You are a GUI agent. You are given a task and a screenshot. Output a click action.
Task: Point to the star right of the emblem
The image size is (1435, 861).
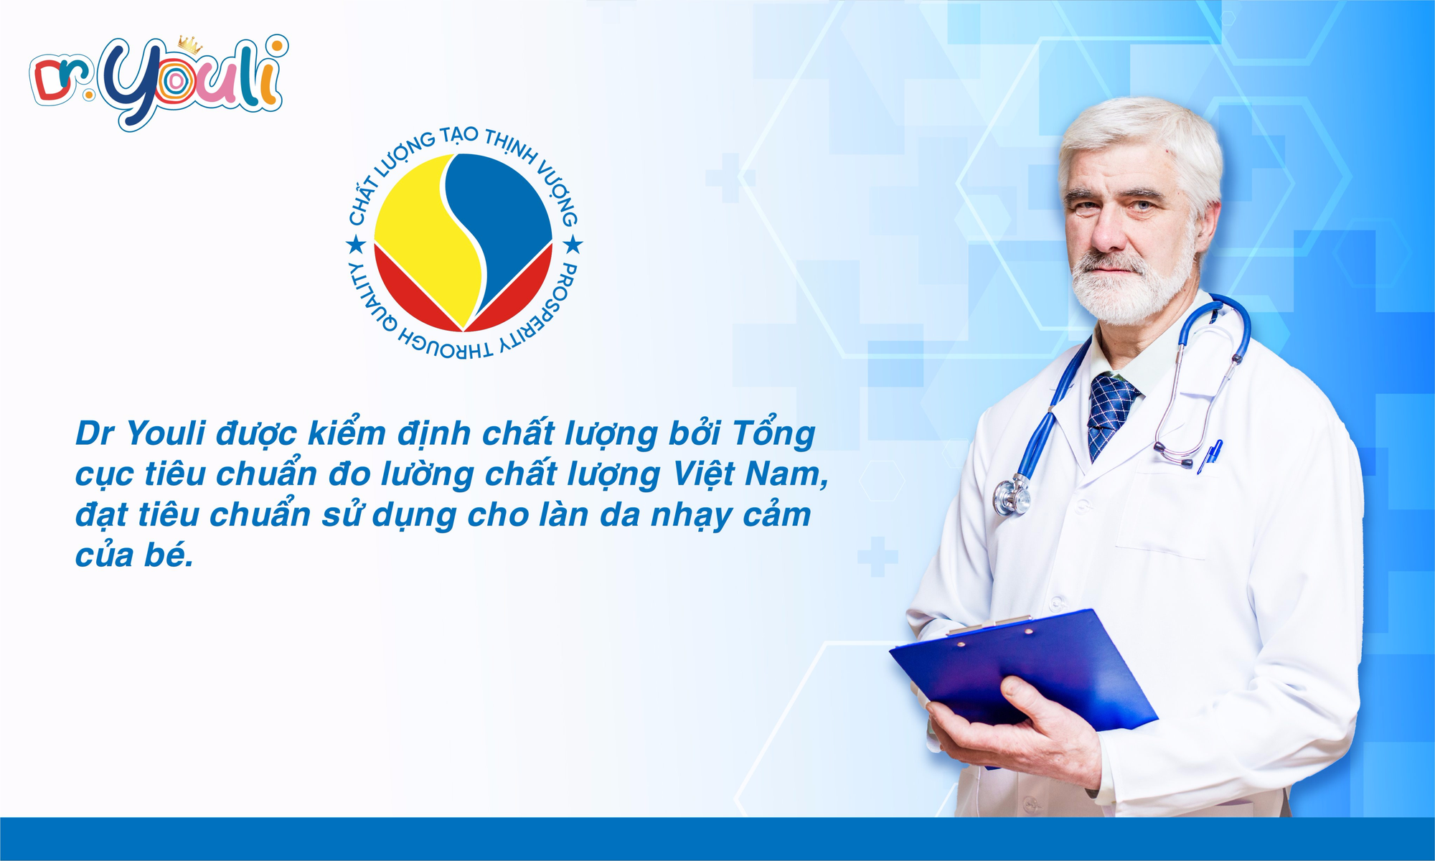pyautogui.click(x=573, y=246)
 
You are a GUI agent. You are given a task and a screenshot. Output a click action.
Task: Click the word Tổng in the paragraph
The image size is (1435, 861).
pyautogui.click(x=773, y=433)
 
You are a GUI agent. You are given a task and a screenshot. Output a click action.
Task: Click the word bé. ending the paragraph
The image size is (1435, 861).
pyautogui.click(x=168, y=557)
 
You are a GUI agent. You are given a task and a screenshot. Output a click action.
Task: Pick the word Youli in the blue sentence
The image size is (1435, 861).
pyautogui.click(x=166, y=433)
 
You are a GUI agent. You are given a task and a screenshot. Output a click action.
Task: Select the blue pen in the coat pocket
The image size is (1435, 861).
pyautogui.click(x=1211, y=456)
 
